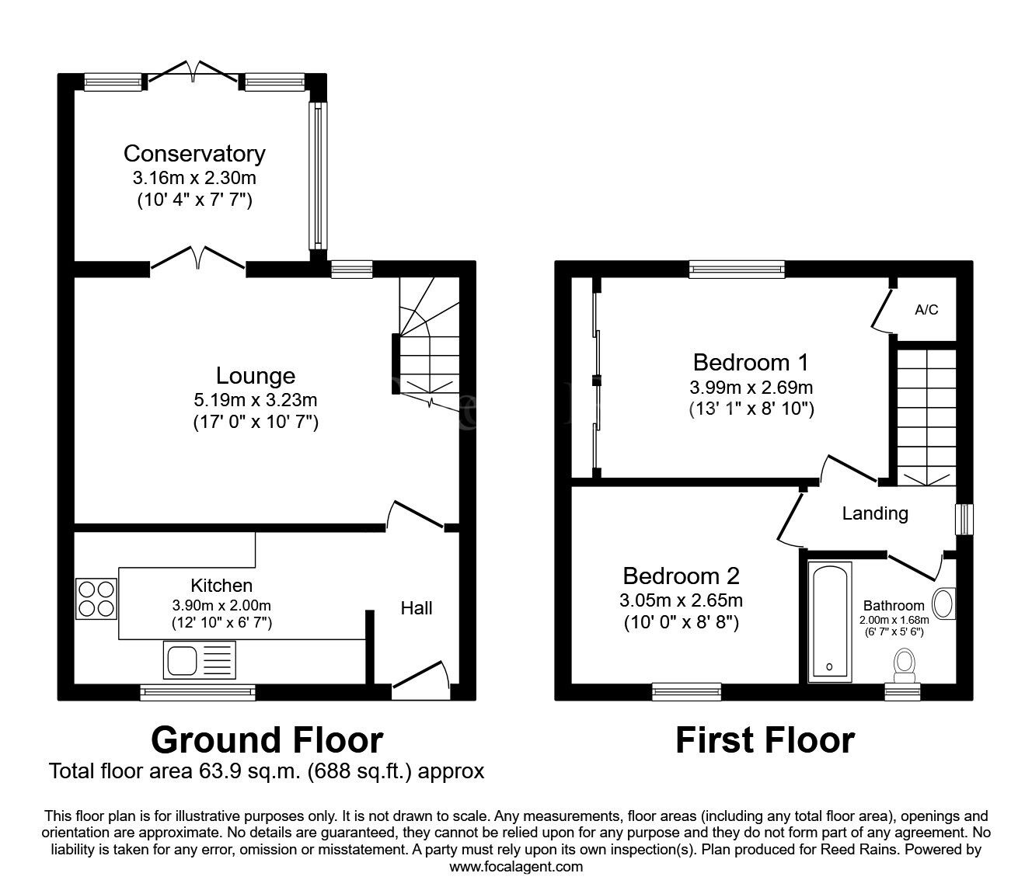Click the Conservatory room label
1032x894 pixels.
194,153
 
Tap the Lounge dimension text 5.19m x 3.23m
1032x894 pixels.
256,401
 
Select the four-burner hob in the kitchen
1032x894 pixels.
96,599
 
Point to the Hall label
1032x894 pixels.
417,608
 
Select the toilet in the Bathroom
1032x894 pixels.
903,663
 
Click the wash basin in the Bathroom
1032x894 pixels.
943,604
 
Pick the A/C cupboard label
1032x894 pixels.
926,310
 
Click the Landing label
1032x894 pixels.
875,513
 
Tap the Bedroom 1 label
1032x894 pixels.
751,363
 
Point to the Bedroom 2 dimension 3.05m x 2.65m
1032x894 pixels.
681,600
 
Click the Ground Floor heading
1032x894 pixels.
267,740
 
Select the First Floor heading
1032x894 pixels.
765,740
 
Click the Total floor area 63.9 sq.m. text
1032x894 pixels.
267,771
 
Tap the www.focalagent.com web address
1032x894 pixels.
516,867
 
